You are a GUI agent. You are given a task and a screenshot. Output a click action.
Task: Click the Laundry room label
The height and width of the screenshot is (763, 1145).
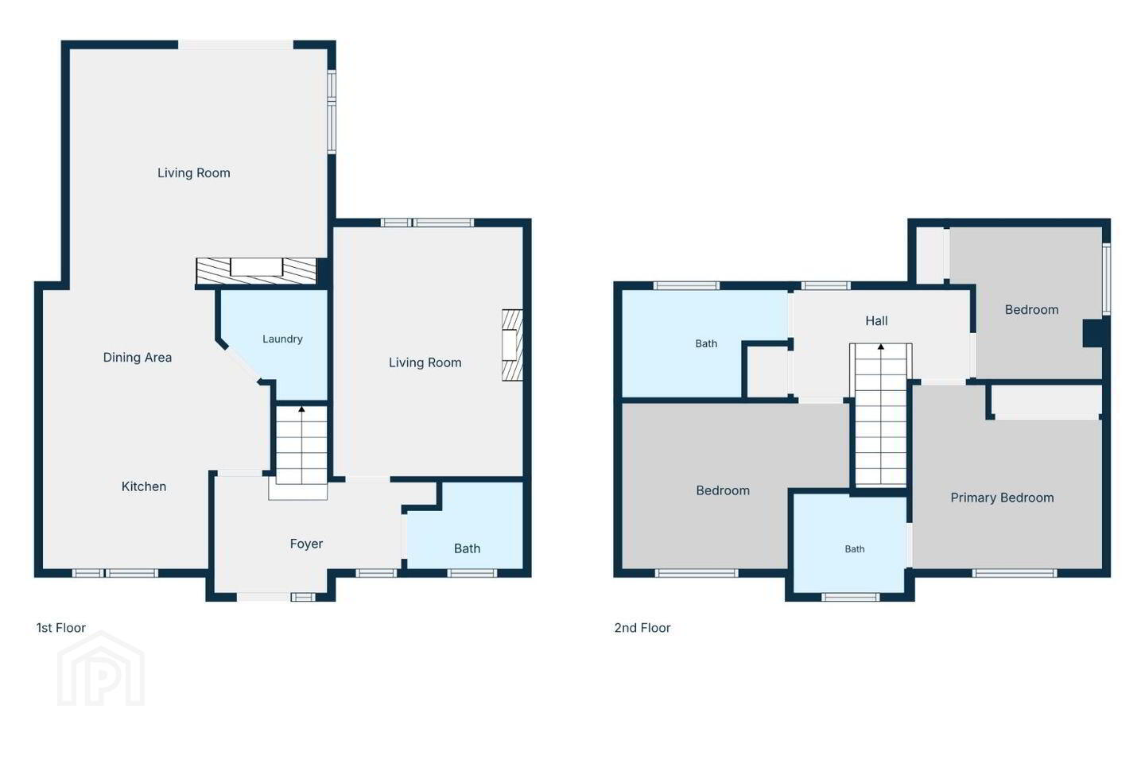(282, 339)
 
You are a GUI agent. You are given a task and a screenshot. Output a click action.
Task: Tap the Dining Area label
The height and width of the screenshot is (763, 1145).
(138, 357)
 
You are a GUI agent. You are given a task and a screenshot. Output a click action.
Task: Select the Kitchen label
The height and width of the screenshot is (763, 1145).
(144, 486)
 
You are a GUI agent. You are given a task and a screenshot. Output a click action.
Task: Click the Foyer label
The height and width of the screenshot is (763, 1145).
(306, 544)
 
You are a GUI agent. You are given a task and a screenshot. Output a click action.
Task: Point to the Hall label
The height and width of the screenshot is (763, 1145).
(876, 321)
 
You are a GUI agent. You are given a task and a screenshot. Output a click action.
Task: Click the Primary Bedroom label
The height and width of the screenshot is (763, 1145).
(1002, 498)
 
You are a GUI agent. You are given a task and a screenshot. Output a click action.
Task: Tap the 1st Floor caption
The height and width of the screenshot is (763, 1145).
(60, 628)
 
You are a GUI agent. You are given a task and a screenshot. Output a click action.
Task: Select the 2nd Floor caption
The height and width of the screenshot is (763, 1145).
(642, 628)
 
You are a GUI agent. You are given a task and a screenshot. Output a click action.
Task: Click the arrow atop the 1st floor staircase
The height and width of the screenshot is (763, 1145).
(301, 409)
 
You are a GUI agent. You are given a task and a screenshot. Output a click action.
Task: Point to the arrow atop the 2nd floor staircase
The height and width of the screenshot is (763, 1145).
(881, 347)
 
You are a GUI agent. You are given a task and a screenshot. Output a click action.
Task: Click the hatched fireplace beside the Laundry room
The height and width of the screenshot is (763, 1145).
(257, 271)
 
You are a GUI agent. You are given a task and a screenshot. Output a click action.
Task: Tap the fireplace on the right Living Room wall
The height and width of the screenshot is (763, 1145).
(512, 345)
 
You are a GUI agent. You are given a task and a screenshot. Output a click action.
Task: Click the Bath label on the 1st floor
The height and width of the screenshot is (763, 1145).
(468, 548)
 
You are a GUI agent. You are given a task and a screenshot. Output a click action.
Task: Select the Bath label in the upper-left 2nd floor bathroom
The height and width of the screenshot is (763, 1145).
(706, 344)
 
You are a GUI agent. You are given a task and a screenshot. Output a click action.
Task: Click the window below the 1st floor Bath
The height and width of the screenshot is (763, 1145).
(472, 573)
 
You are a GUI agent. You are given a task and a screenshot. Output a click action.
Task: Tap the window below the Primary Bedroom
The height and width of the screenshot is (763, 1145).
(1014, 573)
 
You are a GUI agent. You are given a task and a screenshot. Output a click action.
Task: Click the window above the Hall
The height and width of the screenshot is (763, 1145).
(825, 285)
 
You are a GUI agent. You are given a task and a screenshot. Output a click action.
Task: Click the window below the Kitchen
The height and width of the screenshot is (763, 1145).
(115, 573)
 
